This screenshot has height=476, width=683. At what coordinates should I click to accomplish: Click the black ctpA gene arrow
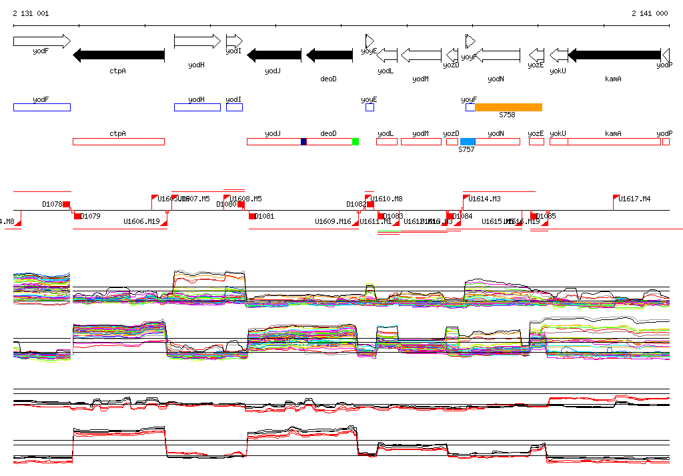(x=118, y=55)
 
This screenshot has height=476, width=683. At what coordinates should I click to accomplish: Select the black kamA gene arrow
(x=614, y=55)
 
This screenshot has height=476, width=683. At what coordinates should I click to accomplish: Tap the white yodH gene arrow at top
(x=197, y=41)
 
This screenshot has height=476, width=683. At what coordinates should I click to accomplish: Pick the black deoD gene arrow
(x=328, y=55)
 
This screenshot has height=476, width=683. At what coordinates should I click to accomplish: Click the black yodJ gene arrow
(x=274, y=55)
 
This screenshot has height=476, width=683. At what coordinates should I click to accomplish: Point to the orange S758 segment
(x=508, y=107)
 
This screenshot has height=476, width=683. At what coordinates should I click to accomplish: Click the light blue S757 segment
(x=468, y=141)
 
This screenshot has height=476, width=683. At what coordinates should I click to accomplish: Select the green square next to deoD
(x=356, y=141)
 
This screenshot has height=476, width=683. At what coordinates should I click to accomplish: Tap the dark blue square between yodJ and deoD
(x=303, y=141)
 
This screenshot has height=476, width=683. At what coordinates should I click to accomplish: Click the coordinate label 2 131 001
(x=31, y=13)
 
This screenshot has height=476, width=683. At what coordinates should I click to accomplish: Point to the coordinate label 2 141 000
(x=650, y=13)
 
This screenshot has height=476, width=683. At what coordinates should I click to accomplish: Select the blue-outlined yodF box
(x=41, y=107)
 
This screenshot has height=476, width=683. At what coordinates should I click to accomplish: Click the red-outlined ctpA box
(x=118, y=141)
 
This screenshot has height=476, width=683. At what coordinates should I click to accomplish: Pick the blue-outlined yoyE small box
(x=370, y=107)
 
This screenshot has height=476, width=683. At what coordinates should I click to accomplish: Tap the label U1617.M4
(x=634, y=199)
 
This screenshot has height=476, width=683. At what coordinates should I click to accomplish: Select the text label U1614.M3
(x=484, y=199)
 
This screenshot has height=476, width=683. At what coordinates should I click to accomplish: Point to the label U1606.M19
(x=141, y=221)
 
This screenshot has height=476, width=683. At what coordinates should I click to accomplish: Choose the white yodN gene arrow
(x=497, y=55)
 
